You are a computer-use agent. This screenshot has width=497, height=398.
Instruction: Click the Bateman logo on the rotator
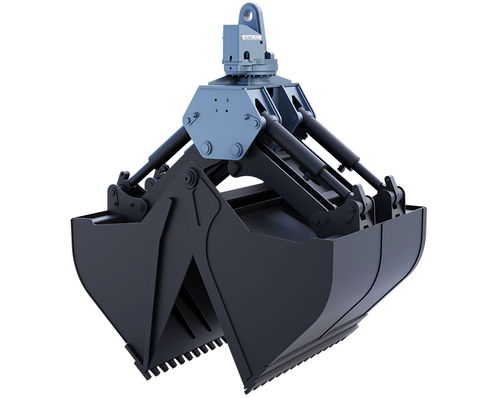[x=251, y=37]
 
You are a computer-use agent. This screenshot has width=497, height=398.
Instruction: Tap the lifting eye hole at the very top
[x=251, y=11]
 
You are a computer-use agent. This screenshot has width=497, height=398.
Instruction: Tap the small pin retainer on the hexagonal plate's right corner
[x=254, y=123]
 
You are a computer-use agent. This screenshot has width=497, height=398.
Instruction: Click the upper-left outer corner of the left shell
[x=73, y=221]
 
